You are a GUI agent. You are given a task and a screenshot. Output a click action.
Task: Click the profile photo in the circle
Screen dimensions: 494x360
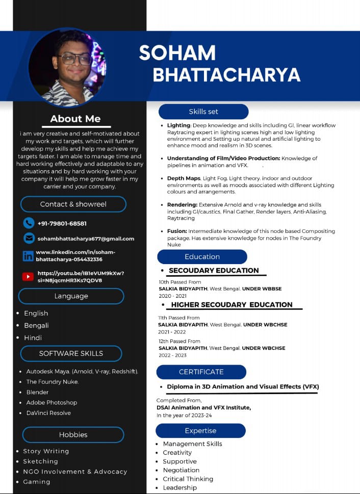67,67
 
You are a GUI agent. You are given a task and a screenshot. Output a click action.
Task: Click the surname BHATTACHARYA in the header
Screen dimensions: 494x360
226,75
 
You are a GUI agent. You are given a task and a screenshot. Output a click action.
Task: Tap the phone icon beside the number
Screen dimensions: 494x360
29,223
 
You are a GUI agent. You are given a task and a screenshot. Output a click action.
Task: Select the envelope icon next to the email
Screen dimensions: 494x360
29,238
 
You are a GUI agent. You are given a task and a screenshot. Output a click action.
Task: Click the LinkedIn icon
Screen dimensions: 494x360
28,255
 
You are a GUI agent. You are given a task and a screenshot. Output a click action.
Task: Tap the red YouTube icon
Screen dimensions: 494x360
28,276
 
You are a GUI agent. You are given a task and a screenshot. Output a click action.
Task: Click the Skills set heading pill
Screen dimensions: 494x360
203,112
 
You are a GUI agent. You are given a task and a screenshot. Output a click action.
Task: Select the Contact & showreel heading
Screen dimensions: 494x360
73,204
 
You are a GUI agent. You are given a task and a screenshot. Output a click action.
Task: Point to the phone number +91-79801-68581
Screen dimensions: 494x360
62,223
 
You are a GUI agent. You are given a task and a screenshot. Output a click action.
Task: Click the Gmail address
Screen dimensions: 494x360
86,239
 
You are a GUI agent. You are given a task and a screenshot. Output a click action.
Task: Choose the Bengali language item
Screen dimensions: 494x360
36,325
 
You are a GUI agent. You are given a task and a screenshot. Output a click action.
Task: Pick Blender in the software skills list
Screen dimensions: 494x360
37,392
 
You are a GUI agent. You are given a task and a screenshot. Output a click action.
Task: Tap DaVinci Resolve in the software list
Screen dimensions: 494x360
48,413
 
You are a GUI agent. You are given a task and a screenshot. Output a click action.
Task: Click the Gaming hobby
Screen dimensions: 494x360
37,482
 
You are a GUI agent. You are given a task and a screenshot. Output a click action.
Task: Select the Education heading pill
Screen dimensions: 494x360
202,256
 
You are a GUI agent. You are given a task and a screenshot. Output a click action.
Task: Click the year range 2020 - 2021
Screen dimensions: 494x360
172,296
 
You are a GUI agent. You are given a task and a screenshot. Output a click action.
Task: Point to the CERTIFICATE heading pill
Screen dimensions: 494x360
201,372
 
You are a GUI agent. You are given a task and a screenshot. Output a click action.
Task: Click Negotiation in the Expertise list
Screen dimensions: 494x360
181,470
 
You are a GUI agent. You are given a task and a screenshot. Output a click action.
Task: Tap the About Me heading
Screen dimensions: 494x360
75,119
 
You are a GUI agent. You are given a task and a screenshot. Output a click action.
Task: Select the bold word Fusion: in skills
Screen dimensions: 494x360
176,231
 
